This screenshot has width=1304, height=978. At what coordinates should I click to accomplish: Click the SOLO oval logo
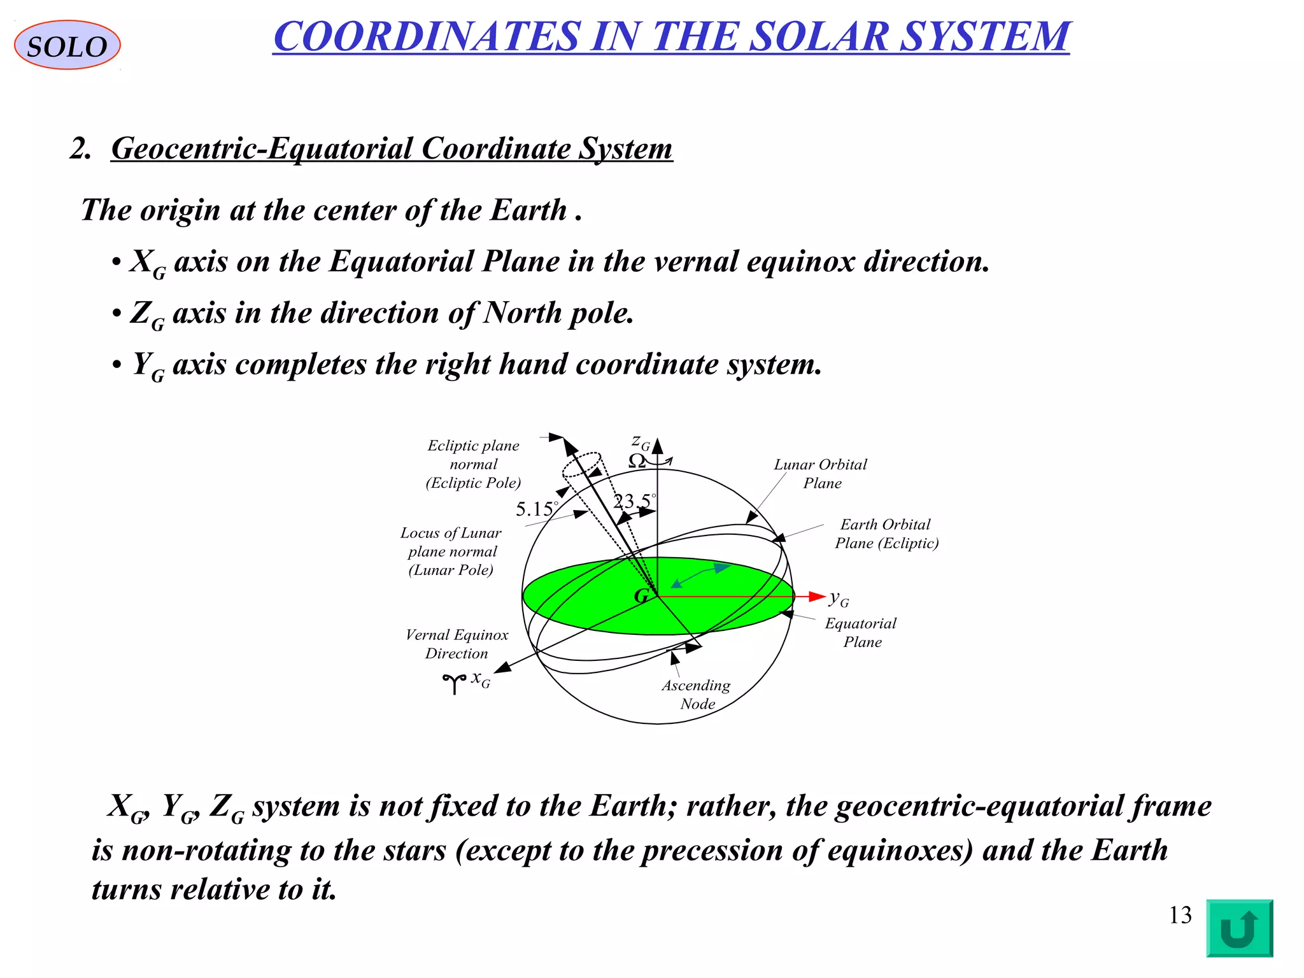pos(67,45)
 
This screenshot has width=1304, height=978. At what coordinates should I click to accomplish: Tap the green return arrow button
pos(1238,927)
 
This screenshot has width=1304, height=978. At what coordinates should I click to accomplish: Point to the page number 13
pos(1180,916)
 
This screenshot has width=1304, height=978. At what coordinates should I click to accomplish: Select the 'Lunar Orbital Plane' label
pos(821,474)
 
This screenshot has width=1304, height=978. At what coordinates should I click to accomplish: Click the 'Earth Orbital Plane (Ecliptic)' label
pos(886,534)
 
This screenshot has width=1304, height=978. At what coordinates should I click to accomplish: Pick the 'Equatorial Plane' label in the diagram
pos(861,632)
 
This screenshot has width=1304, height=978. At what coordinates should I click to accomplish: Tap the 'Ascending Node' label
pos(696,694)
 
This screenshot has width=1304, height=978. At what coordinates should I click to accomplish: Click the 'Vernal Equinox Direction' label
pos(457,644)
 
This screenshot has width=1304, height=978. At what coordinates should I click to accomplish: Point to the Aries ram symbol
pos(454,683)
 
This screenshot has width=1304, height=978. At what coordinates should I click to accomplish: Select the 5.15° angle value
pos(535,509)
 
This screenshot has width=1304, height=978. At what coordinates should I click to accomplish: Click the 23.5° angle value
pos(633,502)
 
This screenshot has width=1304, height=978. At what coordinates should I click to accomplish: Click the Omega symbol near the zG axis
pos(637,462)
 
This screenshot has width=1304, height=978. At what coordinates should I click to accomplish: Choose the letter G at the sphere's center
pos(641,596)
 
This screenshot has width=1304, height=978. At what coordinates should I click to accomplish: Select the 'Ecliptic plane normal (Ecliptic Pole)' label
pos(473,464)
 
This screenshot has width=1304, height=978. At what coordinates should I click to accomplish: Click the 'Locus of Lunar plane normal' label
pos(451,551)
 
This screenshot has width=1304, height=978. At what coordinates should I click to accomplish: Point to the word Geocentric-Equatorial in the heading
pos(262,149)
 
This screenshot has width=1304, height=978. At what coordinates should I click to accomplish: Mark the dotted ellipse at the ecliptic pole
pos(581,465)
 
